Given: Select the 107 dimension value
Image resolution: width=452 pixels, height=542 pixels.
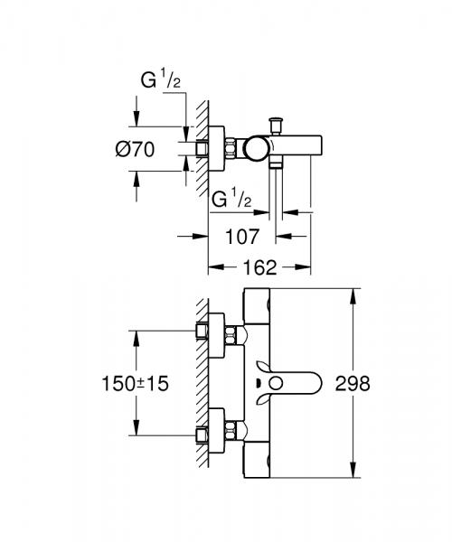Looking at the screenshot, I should (x=242, y=237).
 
